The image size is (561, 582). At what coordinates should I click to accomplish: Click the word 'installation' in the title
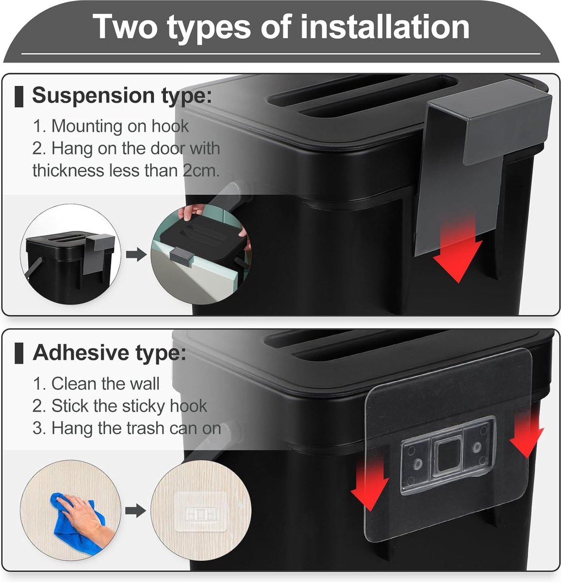tap(385, 28)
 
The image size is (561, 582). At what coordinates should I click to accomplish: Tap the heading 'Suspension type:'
tap(122, 96)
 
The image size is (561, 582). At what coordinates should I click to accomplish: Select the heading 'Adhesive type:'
tap(110, 353)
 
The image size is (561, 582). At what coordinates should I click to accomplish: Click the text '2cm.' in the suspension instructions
tap(201, 171)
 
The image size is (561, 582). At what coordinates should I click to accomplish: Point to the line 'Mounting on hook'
tap(111, 126)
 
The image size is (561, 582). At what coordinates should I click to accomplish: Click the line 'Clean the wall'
tap(97, 384)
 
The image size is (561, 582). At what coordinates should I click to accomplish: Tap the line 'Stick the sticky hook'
tap(120, 406)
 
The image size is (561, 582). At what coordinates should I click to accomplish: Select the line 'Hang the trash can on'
tap(127, 428)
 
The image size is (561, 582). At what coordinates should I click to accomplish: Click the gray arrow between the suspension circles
tap(136, 255)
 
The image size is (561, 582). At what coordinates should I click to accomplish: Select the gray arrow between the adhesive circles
tap(135, 511)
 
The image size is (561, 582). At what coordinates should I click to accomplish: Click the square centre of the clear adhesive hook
tap(447, 455)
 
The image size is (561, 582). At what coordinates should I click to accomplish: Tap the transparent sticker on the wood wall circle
tap(201, 511)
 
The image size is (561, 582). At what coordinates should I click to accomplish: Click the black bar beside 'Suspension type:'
tap(19, 97)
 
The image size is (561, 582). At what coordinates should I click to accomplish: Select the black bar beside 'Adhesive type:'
tap(19, 353)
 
